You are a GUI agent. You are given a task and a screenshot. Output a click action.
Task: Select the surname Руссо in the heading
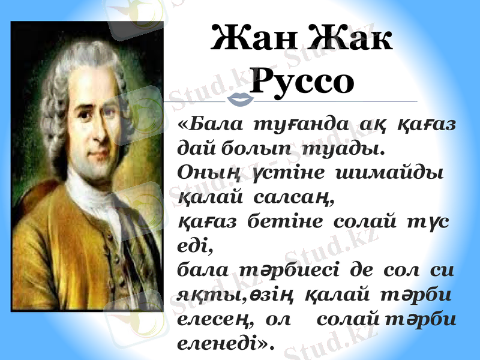[x=301, y=82]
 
